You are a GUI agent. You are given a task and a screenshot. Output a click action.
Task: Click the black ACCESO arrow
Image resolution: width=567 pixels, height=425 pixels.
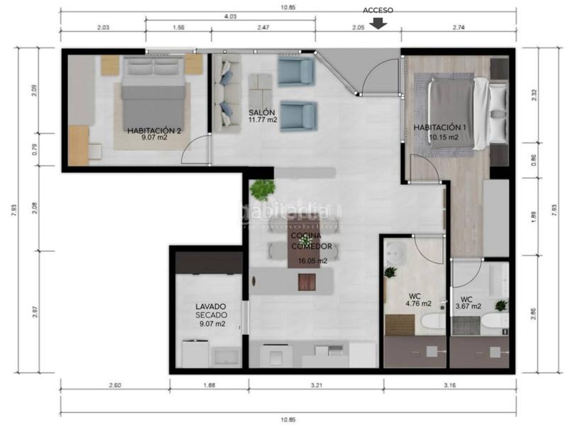coord(378,23)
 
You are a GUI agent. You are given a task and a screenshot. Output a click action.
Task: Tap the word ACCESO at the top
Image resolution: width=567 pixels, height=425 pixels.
coord(378,10)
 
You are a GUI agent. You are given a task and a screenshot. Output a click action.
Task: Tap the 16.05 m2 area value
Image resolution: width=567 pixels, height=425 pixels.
coord(312,261)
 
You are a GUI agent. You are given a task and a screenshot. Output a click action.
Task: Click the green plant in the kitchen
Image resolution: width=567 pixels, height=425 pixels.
coord(263,189)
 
